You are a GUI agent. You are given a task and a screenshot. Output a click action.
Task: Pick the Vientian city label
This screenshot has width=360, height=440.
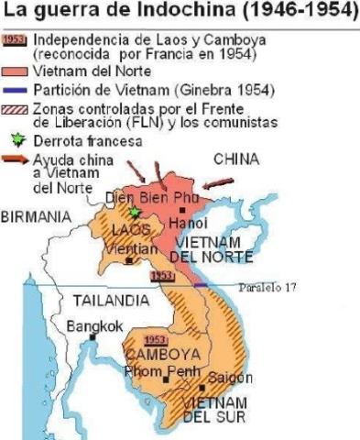[x=127, y=248]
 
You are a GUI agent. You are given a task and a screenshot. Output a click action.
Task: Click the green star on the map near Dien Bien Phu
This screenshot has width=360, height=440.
[x=136, y=212]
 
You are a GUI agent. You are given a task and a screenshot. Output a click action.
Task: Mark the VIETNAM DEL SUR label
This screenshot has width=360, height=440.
[x=213, y=411]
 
